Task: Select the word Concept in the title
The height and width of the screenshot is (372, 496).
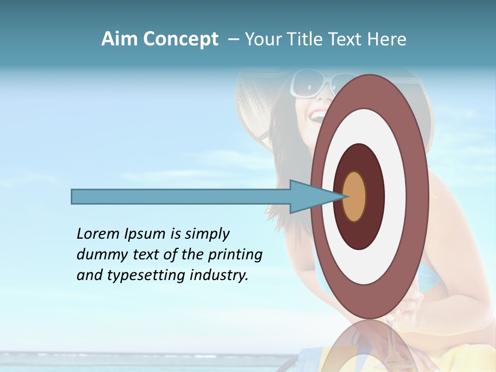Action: [x=181, y=40]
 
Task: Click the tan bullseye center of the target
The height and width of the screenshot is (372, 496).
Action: [x=354, y=197]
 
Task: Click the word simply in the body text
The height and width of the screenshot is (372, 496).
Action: [x=207, y=235]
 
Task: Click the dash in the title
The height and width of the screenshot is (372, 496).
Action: [x=233, y=40]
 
